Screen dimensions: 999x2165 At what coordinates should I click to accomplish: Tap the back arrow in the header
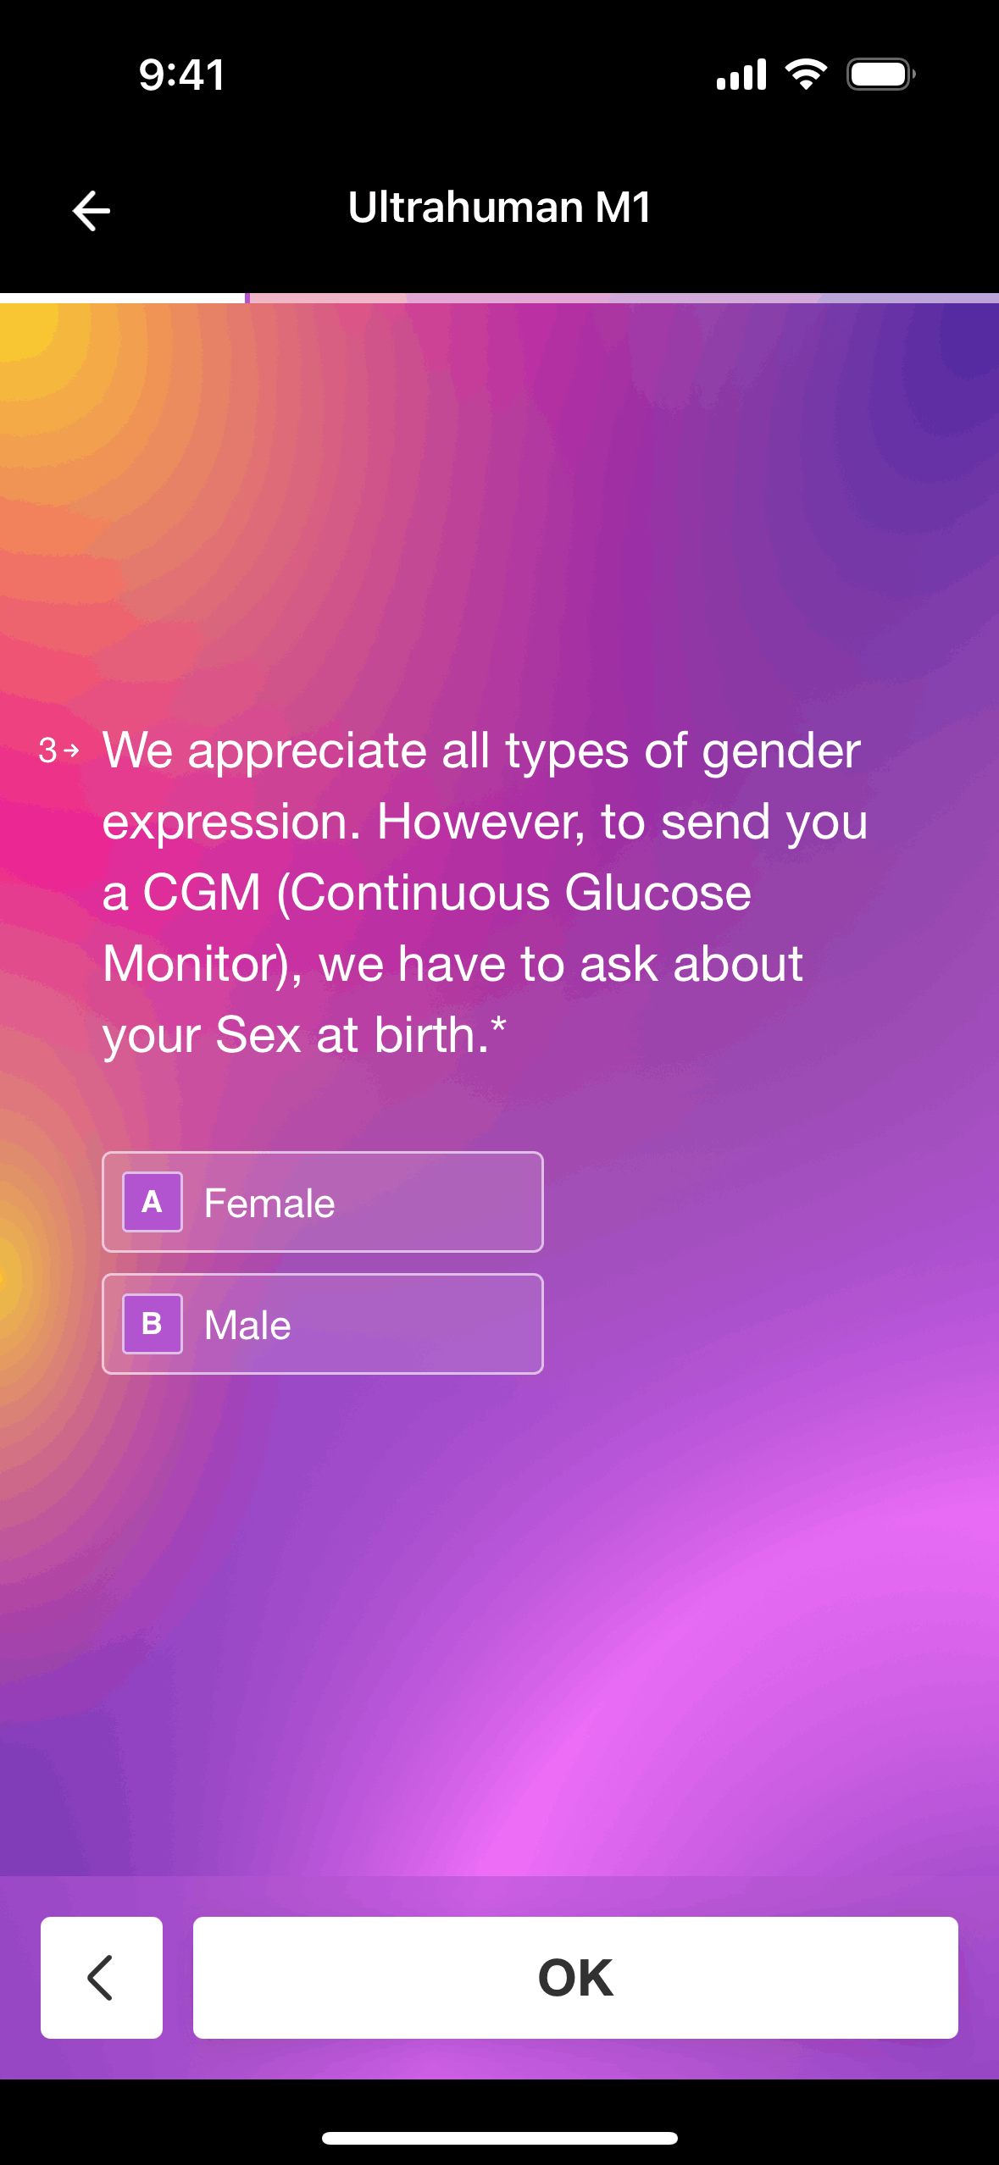[x=92, y=210]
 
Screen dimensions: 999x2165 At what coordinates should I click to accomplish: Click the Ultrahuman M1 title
[x=499, y=208]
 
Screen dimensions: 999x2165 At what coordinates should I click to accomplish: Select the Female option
[x=323, y=1202]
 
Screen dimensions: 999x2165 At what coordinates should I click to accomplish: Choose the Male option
[x=323, y=1324]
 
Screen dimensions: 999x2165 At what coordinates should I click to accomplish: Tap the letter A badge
[x=153, y=1202]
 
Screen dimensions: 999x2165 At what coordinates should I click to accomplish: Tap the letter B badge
[x=153, y=1324]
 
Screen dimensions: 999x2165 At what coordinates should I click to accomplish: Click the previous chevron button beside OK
[x=102, y=1977]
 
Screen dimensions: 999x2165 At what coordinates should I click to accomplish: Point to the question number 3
[x=47, y=750]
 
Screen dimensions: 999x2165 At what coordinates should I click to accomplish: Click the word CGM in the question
[x=202, y=893]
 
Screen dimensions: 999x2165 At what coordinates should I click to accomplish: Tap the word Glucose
[x=658, y=893]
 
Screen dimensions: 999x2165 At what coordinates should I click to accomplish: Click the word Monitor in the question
[x=194, y=964]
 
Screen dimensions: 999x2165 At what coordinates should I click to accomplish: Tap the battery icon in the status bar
[x=881, y=75]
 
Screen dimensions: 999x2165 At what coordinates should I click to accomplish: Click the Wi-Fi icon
[x=807, y=75]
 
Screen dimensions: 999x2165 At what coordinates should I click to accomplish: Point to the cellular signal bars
[x=741, y=75]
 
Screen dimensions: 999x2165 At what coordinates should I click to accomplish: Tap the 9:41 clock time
[x=182, y=75]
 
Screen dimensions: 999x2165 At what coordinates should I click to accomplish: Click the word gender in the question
[x=781, y=752]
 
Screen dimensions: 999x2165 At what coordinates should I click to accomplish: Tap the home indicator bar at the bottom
[x=500, y=2138]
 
